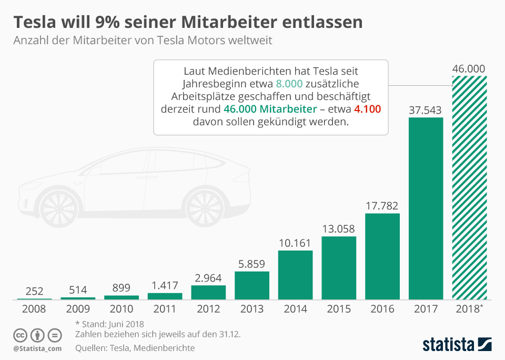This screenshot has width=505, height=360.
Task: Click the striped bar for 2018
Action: point(469,187)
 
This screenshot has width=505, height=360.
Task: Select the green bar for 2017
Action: point(426,208)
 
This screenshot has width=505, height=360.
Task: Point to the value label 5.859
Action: point(252,264)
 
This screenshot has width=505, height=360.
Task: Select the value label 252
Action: point(35,291)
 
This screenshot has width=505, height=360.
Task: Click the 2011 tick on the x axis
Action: point(165,309)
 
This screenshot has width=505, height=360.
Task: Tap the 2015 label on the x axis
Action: point(339,309)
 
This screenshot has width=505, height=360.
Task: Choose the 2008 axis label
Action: point(35,309)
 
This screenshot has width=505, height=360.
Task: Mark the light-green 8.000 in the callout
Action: point(289,84)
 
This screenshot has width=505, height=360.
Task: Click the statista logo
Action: point(457,344)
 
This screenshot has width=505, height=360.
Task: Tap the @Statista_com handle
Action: point(38,348)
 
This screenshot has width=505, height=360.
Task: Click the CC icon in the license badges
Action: point(21,335)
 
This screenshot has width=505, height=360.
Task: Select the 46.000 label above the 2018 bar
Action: point(469,69)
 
